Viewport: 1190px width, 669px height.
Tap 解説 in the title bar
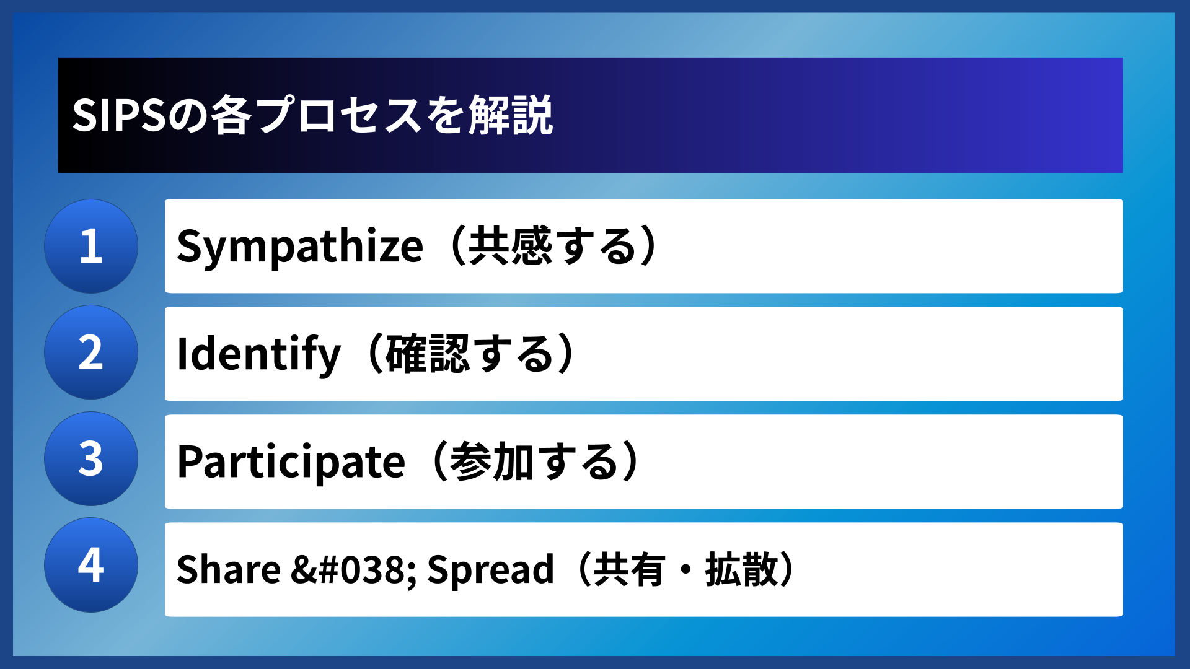click(x=510, y=115)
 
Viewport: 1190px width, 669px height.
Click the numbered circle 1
click(x=91, y=246)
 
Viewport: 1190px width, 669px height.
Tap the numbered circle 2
click(x=91, y=352)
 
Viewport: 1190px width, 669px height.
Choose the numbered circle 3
click(x=91, y=459)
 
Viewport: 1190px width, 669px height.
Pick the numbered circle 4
click(x=91, y=565)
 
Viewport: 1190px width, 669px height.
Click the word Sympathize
click(x=300, y=247)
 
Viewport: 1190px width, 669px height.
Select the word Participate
click(x=291, y=462)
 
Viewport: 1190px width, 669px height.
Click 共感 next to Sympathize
click(x=509, y=247)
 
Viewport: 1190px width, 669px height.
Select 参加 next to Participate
click(x=491, y=462)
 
